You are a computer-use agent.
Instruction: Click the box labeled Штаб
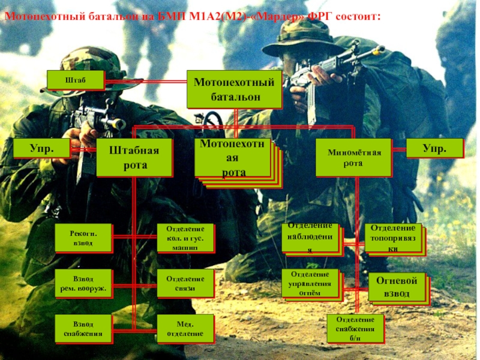76,80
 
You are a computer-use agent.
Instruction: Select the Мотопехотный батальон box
234,89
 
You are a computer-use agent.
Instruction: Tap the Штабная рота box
134,157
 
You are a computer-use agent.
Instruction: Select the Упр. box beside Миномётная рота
434,148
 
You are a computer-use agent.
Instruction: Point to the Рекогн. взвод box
83,238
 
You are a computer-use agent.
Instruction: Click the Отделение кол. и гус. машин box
185,238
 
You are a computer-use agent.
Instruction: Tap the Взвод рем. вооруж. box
83,283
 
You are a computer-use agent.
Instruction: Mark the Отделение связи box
185,283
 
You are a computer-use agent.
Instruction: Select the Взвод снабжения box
83,328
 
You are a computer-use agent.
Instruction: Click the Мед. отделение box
185,328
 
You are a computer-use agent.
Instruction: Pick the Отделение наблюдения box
310,238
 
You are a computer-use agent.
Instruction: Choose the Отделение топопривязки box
392,238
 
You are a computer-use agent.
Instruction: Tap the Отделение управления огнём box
310,283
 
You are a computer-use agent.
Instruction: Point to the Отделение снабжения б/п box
355,328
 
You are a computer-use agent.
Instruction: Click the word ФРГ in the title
324,13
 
